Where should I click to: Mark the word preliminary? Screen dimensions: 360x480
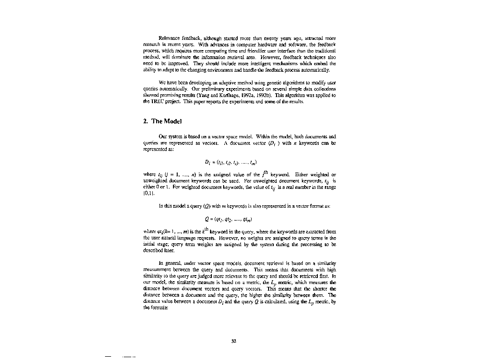click(212, 89)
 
